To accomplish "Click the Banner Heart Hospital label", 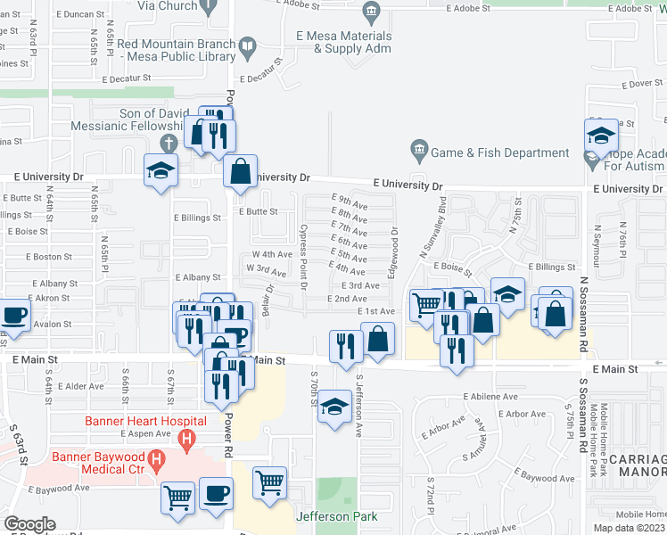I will pos(145,421).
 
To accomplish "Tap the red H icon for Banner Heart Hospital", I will pos(186,439).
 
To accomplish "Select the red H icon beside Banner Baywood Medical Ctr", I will pos(157,462).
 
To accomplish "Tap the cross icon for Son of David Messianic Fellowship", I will pos(167,144).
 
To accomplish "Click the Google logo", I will pos(30,524).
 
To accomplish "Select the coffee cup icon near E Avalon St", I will pos(14,315).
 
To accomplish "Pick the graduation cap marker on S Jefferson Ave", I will pos(333,407).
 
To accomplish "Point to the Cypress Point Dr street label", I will pos(302,257).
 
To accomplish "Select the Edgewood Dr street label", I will pos(393,243).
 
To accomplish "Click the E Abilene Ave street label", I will pos(490,397).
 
